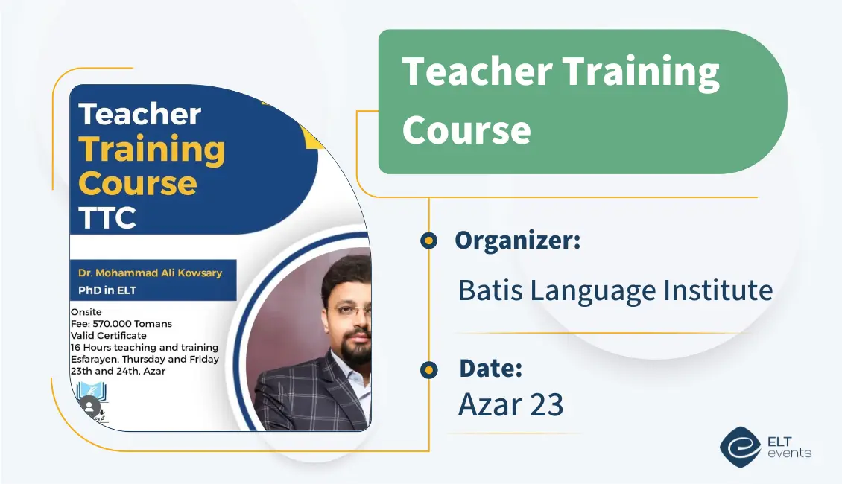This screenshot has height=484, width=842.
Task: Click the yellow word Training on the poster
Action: [x=152, y=150]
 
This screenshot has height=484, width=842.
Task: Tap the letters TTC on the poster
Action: [x=107, y=217]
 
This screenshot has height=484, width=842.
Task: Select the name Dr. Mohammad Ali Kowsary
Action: [x=151, y=273]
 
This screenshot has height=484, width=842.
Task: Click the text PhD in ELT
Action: [x=107, y=290]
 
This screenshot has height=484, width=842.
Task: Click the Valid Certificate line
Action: [x=109, y=335]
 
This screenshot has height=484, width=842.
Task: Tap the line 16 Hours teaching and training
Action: [x=145, y=347]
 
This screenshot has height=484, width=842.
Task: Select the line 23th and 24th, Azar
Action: [x=118, y=371]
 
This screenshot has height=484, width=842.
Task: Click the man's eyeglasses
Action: [x=350, y=311]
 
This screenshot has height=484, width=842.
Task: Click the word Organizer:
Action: [x=518, y=241]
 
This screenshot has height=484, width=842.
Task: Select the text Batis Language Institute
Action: [x=615, y=291]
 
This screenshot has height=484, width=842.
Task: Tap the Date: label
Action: [x=491, y=368]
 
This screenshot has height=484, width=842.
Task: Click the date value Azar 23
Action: [x=510, y=404]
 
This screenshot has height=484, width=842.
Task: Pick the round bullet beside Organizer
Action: [x=428, y=241]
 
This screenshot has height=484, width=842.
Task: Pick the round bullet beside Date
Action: [x=428, y=370]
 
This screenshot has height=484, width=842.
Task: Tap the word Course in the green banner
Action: [x=466, y=130]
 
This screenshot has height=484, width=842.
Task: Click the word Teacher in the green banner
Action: [x=478, y=71]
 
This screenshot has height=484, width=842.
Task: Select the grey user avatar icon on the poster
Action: [x=89, y=406]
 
